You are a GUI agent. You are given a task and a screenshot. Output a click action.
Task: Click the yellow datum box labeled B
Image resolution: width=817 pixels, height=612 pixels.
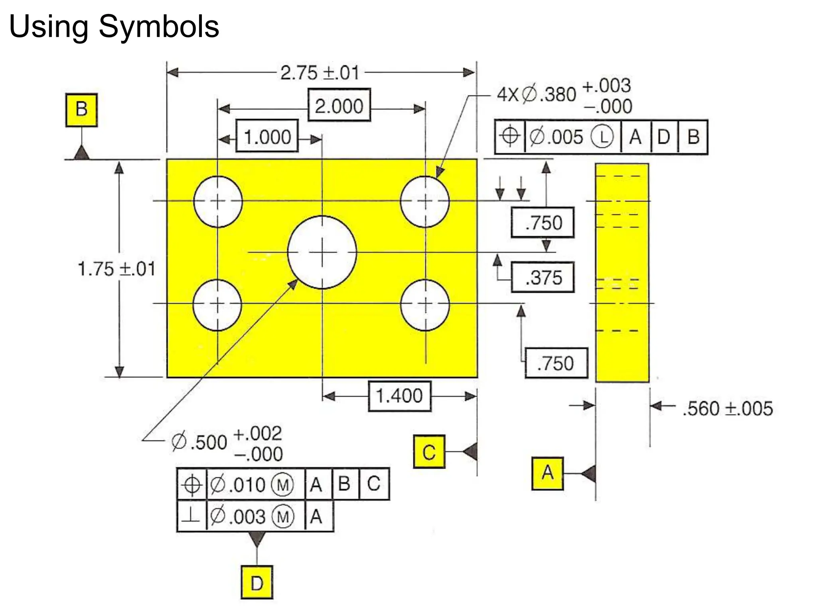click(81, 110)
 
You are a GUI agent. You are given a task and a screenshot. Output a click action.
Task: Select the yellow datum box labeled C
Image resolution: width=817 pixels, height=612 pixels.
click(429, 451)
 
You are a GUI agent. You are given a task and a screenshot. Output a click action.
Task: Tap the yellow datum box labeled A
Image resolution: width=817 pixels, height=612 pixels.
click(547, 473)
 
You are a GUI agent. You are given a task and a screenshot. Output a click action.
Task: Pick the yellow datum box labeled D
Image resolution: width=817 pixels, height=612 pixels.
click(257, 582)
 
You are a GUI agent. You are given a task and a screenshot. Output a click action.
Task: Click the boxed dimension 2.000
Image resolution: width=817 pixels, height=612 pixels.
click(339, 106)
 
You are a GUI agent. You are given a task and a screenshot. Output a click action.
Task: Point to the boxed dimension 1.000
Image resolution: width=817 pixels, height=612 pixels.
click(267, 136)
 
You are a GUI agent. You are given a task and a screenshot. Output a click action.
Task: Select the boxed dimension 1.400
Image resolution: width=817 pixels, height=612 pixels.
click(399, 396)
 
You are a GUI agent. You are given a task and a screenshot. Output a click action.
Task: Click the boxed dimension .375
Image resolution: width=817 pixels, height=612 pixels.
click(543, 277)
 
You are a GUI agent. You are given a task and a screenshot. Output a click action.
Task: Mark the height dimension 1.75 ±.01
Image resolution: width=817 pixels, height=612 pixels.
click(116, 269)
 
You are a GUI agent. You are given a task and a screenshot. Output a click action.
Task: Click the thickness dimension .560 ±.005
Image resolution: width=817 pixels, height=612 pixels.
click(728, 409)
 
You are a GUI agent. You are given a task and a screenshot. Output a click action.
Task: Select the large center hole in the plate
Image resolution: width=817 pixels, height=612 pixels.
click(322, 252)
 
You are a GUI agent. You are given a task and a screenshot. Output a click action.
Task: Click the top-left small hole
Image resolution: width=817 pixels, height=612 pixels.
click(218, 201)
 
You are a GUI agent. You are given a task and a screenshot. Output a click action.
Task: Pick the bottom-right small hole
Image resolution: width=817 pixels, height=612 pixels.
click(425, 305)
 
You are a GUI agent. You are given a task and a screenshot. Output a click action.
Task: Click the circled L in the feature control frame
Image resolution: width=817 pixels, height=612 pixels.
click(602, 137)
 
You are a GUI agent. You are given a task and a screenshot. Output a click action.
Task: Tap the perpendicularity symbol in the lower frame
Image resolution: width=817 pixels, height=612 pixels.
click(191, 516)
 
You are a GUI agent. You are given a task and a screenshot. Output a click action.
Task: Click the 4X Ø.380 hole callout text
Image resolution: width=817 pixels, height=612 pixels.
click(537, 95)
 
